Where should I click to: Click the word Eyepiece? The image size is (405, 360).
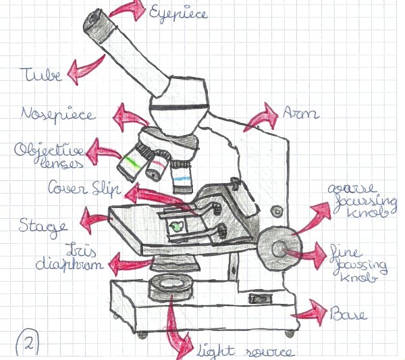180,13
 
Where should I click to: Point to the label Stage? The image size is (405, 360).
43,224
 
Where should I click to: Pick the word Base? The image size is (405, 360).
350,313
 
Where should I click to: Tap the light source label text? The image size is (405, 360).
246,351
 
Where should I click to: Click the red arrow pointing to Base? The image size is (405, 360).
310,311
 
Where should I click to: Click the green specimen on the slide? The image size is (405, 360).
176,226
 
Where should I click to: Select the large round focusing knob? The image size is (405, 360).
278,248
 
